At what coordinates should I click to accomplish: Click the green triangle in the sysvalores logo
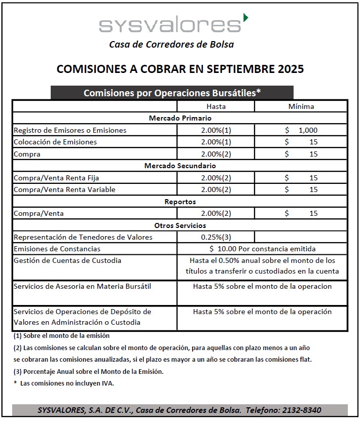246,18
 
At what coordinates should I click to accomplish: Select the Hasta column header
216,106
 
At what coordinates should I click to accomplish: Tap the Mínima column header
301,106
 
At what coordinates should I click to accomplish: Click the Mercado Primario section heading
180,118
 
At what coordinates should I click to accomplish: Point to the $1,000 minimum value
302,130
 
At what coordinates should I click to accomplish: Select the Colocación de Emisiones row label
55,142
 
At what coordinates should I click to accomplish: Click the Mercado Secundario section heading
180,166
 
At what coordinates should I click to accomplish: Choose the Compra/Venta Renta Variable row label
64,189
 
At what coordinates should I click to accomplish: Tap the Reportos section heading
180,202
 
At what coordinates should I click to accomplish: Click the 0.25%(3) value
216,237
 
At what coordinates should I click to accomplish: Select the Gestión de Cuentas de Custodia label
68,260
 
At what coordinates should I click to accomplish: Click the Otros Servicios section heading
180,225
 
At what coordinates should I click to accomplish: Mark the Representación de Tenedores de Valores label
83,237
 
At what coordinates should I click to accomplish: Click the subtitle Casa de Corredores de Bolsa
171,44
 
